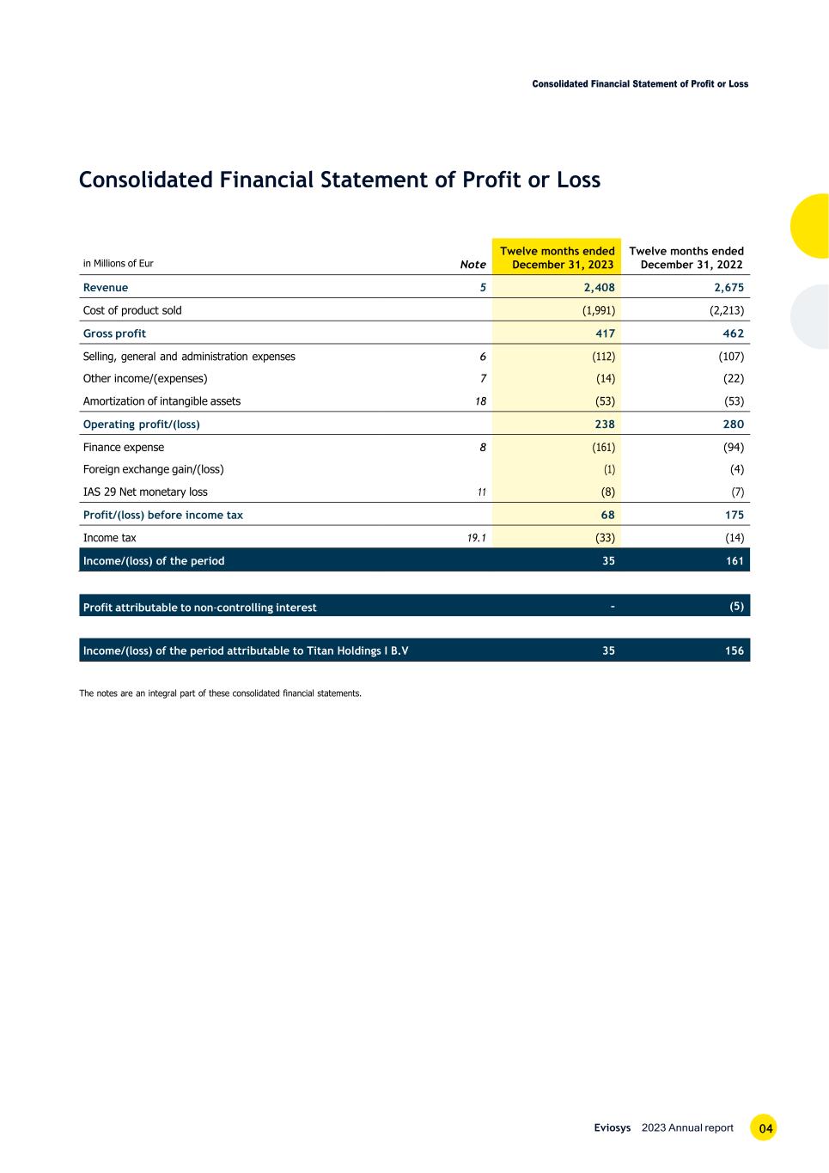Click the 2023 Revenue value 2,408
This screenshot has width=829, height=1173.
[x=598, y=288]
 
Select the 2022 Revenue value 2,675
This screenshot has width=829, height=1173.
[x=728, y=288]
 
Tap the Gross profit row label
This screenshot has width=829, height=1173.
[x=114, y=333]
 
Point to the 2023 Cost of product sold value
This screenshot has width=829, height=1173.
[x=598, y=310]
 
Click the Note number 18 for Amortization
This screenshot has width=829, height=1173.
[x=480, y=401]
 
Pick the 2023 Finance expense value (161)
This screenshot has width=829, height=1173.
[x=603, y=447]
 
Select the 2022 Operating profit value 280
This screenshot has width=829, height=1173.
[x=734, y=425]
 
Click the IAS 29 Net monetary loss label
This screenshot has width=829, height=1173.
[x=145, y=492]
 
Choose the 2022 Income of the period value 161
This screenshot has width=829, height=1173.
[x=734, y=561]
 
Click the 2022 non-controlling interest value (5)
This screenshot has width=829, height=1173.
[x=736, y=606]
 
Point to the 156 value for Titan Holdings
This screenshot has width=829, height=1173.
[x=734, y=651]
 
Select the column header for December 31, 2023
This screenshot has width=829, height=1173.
[x=558, y=258]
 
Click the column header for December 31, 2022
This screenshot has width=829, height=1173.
[x=686, y=258]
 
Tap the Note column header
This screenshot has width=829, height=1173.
[x=472, y=265]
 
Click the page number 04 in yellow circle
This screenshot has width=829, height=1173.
[x=764, y=1128]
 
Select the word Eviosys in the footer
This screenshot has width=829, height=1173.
[x=613, y=1128]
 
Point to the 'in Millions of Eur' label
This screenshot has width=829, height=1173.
[x=118, y=264]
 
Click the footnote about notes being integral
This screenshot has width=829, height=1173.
[x=220, y=693]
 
